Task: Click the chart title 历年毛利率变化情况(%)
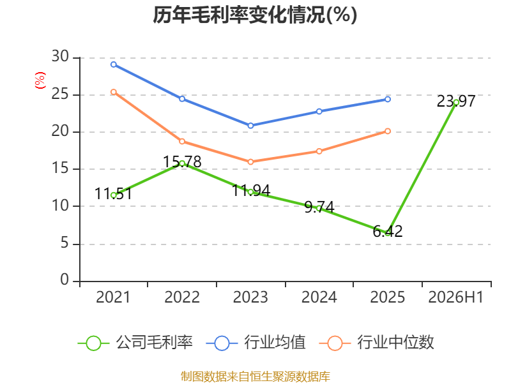click(255, 15)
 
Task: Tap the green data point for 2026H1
click(456, 103)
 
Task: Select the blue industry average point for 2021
click(114, 64)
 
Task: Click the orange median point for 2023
click(250, 162)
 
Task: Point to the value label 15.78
click(182, 161)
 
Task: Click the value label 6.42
click(388, 231)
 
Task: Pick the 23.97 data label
click(456, 101)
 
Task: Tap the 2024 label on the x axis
click(319, 297)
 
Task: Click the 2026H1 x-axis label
click(456, 297)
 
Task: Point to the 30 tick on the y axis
click(60, 57)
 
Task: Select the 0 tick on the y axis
click(65, 280)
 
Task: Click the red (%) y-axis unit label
click(40, 80)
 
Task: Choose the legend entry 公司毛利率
click(135, 343)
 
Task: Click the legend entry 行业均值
click(256, 343)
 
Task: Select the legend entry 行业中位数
click(377, 343)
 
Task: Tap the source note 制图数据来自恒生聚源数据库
click(256, 377)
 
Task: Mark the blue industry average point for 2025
click(388, 100)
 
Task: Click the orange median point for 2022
click(182, 141)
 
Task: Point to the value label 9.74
click(319, 207)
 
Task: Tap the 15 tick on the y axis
click(60, 168)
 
